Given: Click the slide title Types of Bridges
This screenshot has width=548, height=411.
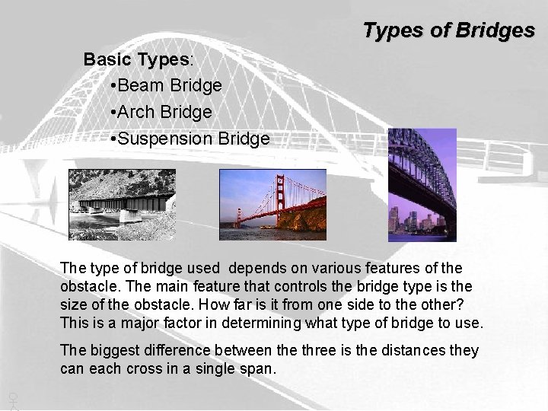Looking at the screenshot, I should tap(448, 30).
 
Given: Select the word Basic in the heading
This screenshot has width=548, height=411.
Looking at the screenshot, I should tap(106, 59).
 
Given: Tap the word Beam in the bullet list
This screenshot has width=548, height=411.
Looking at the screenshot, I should tap(139, 85).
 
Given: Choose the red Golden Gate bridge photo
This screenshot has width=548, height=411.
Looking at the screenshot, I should tap(272, 199).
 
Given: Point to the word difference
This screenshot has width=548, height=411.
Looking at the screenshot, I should tap(178, 350).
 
